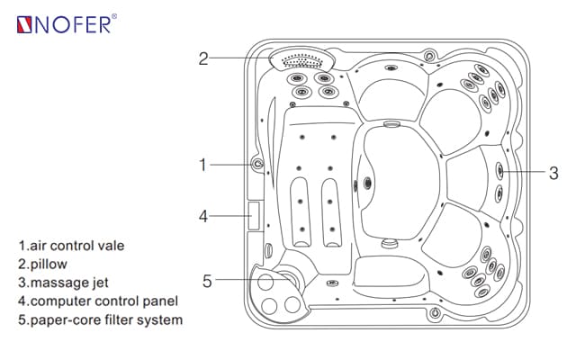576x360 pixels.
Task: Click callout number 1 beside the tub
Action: coord(203,165)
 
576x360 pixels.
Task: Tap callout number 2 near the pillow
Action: coord(203,58)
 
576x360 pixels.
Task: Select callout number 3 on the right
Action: coord(553,172)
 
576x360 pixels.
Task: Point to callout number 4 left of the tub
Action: coord(203,216)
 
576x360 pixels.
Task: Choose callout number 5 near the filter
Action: coord(207,281)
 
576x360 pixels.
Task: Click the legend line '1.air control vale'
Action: coord(77,245)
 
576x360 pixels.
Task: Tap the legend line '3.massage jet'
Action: coord(67,283)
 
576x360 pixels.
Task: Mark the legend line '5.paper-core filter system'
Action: coord(100,320)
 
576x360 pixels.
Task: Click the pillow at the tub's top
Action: coord(302,60)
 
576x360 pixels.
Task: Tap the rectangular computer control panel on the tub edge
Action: coord(254,214)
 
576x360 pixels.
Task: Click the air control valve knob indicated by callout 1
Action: coord(258,165)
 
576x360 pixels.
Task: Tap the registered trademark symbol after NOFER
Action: coord(124,16)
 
